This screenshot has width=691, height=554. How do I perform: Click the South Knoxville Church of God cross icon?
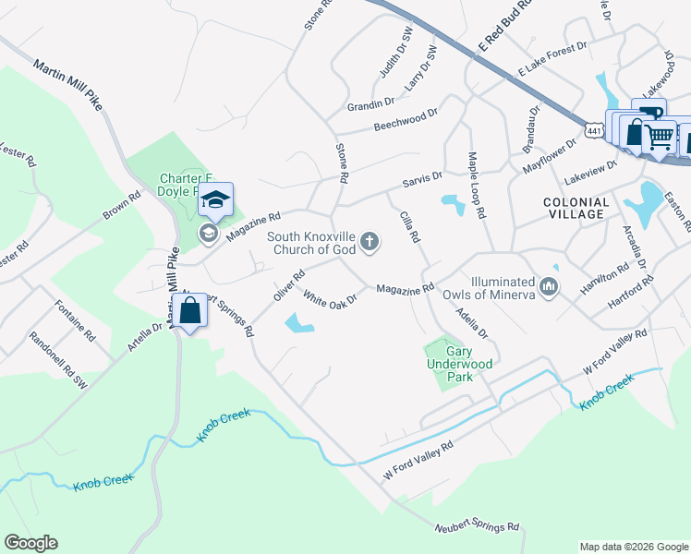370,242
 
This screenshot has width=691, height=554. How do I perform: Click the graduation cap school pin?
215,199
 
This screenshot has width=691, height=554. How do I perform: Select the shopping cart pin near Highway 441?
659,137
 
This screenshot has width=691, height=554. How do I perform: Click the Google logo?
31,543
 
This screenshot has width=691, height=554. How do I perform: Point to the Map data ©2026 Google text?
633,547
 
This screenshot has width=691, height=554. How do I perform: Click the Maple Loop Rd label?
477,186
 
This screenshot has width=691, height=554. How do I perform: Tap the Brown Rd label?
121,206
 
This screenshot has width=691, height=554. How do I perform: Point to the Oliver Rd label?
289,284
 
